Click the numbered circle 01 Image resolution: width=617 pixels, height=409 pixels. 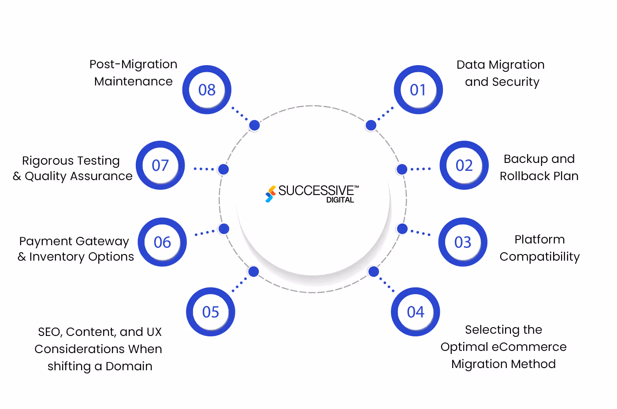pyautogui.click(x=418, y=90)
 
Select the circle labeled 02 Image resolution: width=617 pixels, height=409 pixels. pyautogui.click(x=464, y=166)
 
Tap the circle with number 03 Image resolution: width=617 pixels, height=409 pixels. pyautogui.click(x=463, y=242)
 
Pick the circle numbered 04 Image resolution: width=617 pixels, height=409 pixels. pyautogui.click(x=415, y=312)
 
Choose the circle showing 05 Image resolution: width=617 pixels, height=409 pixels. pyautogui.click(x=211, y=312)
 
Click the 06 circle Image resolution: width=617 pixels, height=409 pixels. pyautogui.click(x=162, y=242)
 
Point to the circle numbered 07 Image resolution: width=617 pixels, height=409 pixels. pyautogui.click(x=160, y=166)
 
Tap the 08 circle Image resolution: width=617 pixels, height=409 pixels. pyautogui.click(x=207, y=90)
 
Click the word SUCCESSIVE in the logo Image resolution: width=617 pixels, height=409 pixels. pyautogui.click(x=316, y=191)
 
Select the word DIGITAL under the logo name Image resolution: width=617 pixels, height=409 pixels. pyautogui.click(x=340, y=200)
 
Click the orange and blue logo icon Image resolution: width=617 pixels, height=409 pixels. pyautogui.click(x=270, y=194)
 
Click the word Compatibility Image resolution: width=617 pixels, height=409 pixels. pyautogui.click(x=539, y=257)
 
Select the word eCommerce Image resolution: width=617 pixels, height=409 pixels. pyautogui.click(x=529, y=347)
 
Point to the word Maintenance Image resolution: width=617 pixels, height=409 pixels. pyautogui.click(x=133, y=81)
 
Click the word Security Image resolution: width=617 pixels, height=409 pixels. pyautogui.click(x=516, y=82)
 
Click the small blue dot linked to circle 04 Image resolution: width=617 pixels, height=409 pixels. pyautogui.click(x=374, y=272)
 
